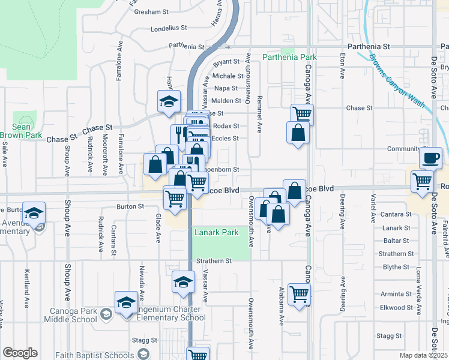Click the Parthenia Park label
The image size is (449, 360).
click(x=289, y=58)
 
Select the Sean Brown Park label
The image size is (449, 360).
click(x=21, y=131)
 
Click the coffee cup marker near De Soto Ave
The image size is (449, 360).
click(x=430, y=158)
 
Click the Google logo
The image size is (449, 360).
click(x=19, y=353)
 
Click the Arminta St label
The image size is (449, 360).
click(x=396, y=294)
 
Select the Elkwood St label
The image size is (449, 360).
click(x=397, y=307)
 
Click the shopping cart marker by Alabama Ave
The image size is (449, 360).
click(x=299, y=295)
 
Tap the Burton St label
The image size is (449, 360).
click(x=130, y=206)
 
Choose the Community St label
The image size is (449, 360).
click(x=404, y=149)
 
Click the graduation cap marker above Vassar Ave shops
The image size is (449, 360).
click(x=169, y=101)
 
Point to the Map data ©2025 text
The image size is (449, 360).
click(x=424, y=355)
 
